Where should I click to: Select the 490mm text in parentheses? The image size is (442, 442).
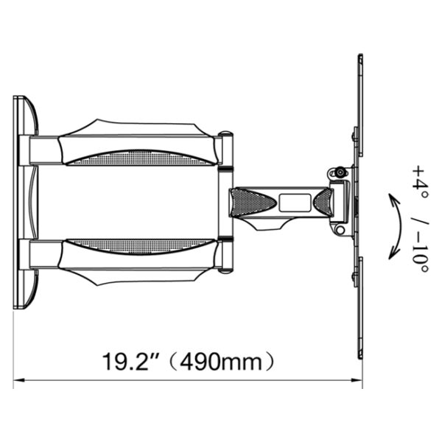(x=221, y=362)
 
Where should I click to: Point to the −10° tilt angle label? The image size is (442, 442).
(x=420, y=256)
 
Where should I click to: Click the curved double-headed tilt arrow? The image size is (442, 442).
(x=399, y=226)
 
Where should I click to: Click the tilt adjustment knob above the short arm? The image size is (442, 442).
(x=339, y=172)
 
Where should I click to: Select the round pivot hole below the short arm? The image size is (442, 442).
(x=340, y=230)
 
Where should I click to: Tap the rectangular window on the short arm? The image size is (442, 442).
(x=295, y=203)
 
